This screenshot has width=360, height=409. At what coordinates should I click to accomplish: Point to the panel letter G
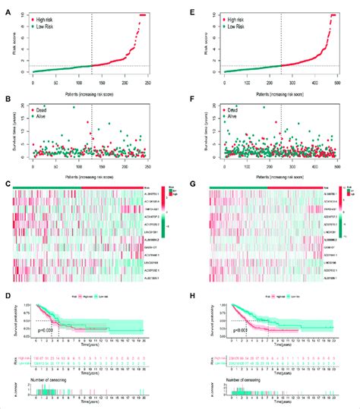pyautogui.click(x=201, y=184)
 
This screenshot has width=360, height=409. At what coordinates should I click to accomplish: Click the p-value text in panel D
pyautogui.click(x=48, y=329)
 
